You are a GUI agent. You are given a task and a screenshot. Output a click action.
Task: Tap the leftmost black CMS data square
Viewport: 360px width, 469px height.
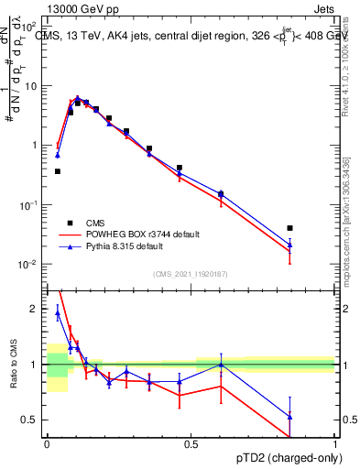tap(58, 171)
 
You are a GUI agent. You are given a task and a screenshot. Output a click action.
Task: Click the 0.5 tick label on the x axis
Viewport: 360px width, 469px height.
tap(191, 443)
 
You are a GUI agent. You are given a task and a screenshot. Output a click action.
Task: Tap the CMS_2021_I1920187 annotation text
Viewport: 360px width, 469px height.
tap(191, 274)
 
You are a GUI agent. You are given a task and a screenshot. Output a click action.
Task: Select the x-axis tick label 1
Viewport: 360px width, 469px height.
tap(335, 443)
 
